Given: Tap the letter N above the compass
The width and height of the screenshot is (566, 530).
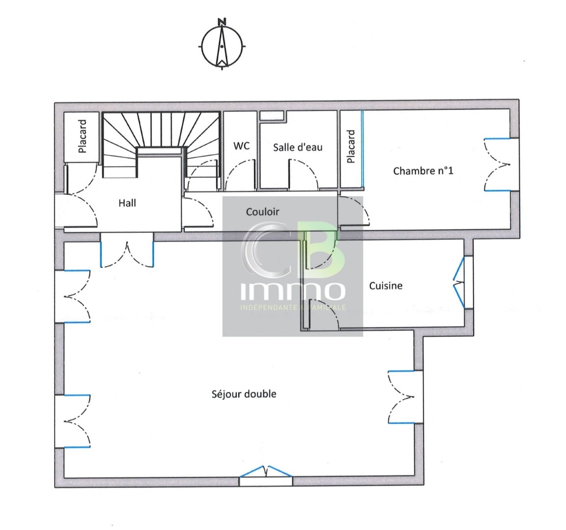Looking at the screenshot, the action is coord(222,22).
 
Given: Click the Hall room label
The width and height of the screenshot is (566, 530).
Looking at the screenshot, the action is coord(127,202).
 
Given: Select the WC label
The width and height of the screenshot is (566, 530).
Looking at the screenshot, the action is coord(241,146).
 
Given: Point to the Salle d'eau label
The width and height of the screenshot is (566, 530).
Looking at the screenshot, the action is coord(298,147).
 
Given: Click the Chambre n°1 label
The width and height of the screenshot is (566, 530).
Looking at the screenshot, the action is coord(423,171).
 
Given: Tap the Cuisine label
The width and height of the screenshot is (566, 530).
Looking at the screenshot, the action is coord(386,285).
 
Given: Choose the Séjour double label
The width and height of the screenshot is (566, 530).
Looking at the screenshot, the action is coord(244,394).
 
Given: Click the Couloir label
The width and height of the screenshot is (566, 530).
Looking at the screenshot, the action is coord(262,212).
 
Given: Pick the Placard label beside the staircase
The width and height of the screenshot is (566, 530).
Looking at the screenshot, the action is coord(83,136).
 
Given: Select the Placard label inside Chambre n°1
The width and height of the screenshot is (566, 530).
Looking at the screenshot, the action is coord(351,146).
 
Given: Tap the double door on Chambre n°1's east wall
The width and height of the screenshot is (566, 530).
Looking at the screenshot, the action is coord(497,164).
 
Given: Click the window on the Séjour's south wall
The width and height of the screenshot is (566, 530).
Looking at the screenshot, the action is coord(266,472).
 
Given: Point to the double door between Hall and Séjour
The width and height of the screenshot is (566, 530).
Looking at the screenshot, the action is coord(127,252).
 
